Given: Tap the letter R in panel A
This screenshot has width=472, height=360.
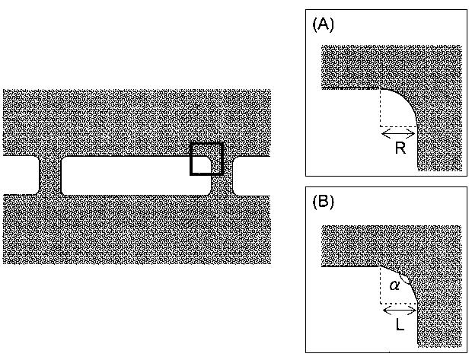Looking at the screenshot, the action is coord(400,149).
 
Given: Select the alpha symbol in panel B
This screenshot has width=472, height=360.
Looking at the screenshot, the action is coord(394,285).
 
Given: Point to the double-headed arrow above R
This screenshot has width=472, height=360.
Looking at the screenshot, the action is coord(398,133).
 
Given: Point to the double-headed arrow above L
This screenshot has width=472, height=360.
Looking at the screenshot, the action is coord(399,310).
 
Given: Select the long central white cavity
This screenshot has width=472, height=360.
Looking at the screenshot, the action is coord(136,175).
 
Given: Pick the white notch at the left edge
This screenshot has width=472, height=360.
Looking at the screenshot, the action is coord(20,175).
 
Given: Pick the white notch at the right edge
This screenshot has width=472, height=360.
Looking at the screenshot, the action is coord(252,175).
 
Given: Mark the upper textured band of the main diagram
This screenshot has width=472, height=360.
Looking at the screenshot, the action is coord(137,122).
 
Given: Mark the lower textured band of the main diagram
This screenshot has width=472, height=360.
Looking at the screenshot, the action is coord(137,228).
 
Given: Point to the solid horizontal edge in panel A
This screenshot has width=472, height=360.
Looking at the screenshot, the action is coord(350,88).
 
